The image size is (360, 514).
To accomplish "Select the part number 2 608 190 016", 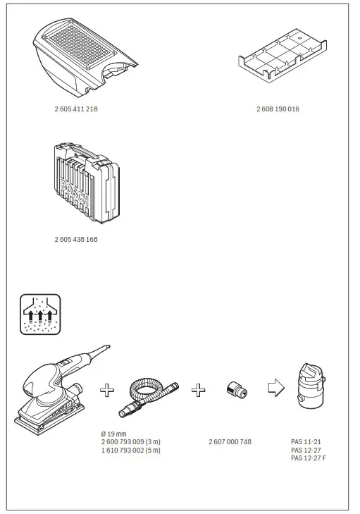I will (x=278, y=110).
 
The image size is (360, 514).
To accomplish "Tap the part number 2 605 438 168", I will (x=75, y=240).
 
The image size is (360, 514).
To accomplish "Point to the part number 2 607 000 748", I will (x=230, y=442).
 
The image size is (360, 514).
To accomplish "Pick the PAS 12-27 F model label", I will (x=308, y=458).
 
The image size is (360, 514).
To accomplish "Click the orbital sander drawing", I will (x=53, y=391).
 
